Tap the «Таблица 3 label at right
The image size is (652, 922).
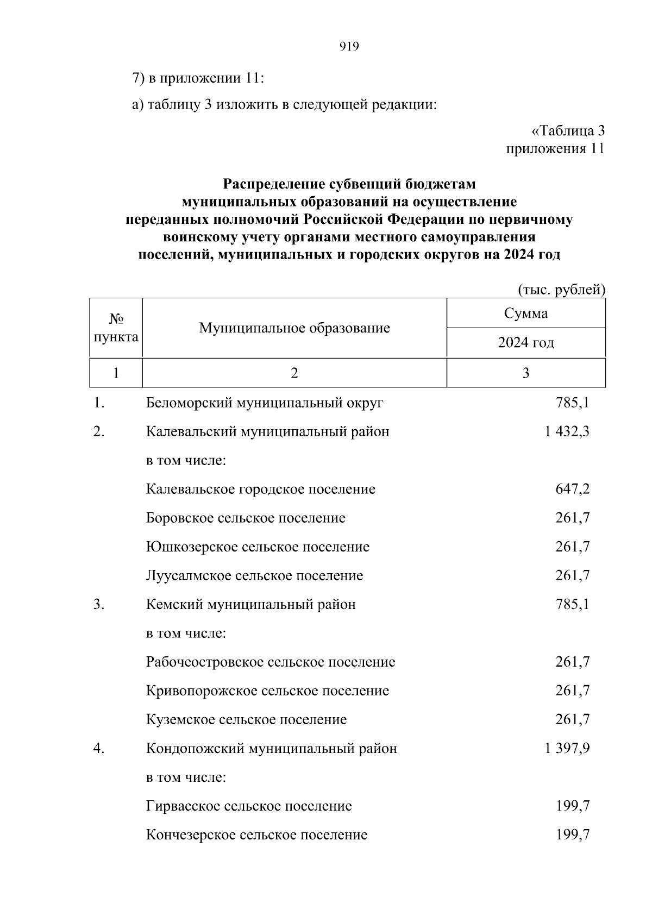tap(567, 131)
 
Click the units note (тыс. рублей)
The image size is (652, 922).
tap(561, 290)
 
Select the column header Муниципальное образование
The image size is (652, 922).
tap(294, 328)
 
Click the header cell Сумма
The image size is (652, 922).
tap(525, 313)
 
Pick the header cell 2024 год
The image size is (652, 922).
tap(525, 343)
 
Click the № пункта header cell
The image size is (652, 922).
tap(116, 328)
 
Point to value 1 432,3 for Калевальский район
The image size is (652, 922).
tap(567, 432)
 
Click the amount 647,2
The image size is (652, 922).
tap(572, 490)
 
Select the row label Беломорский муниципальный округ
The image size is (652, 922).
tap(265, 403)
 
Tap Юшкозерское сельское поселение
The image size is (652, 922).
tap(258, 547)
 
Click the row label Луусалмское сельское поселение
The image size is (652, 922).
tap(254, 576)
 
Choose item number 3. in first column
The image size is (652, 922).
tap(98, 605)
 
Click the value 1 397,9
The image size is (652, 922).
tap(567, 749)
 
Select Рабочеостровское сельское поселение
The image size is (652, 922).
tap(271, 662)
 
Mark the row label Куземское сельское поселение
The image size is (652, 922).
tap(246, 720)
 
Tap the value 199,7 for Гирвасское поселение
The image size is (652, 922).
tap(572, 806)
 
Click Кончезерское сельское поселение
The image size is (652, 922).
tap(256, 835)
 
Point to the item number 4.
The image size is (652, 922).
tap(98, 749)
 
